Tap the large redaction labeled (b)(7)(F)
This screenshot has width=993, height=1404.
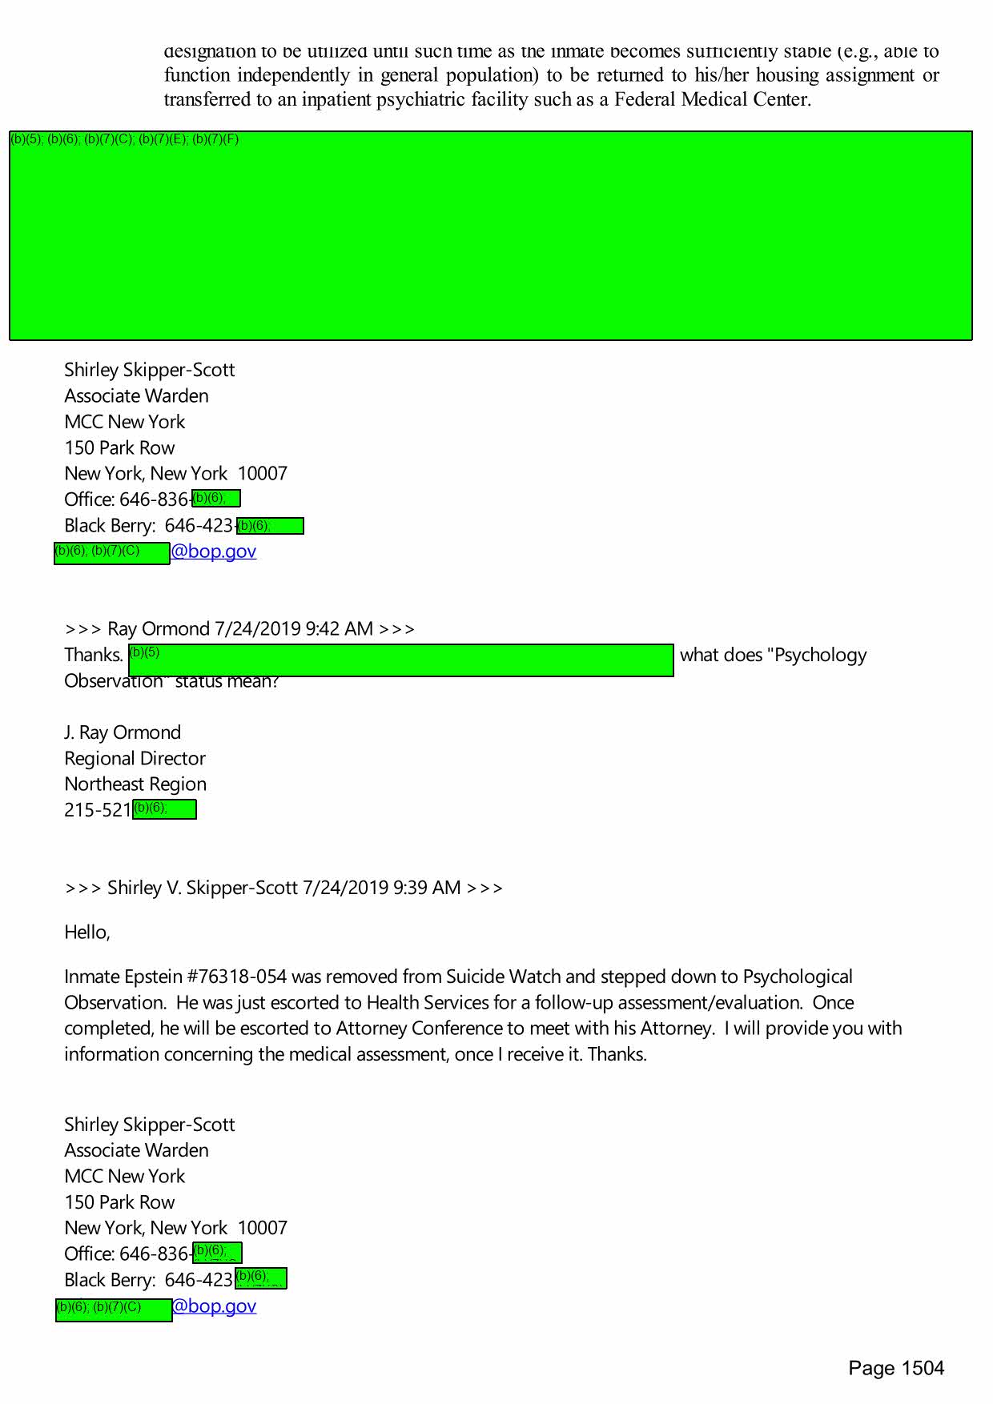point(490,235)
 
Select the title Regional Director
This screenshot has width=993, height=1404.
point(135,758)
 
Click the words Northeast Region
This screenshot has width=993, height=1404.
point(135,784)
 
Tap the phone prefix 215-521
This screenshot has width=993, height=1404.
point(98,810)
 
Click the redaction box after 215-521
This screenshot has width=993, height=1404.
point(164,809)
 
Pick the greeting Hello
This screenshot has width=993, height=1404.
point(86,932)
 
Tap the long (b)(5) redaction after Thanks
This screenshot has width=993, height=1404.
point(400,660)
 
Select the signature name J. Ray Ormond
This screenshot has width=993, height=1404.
point(123,732)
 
